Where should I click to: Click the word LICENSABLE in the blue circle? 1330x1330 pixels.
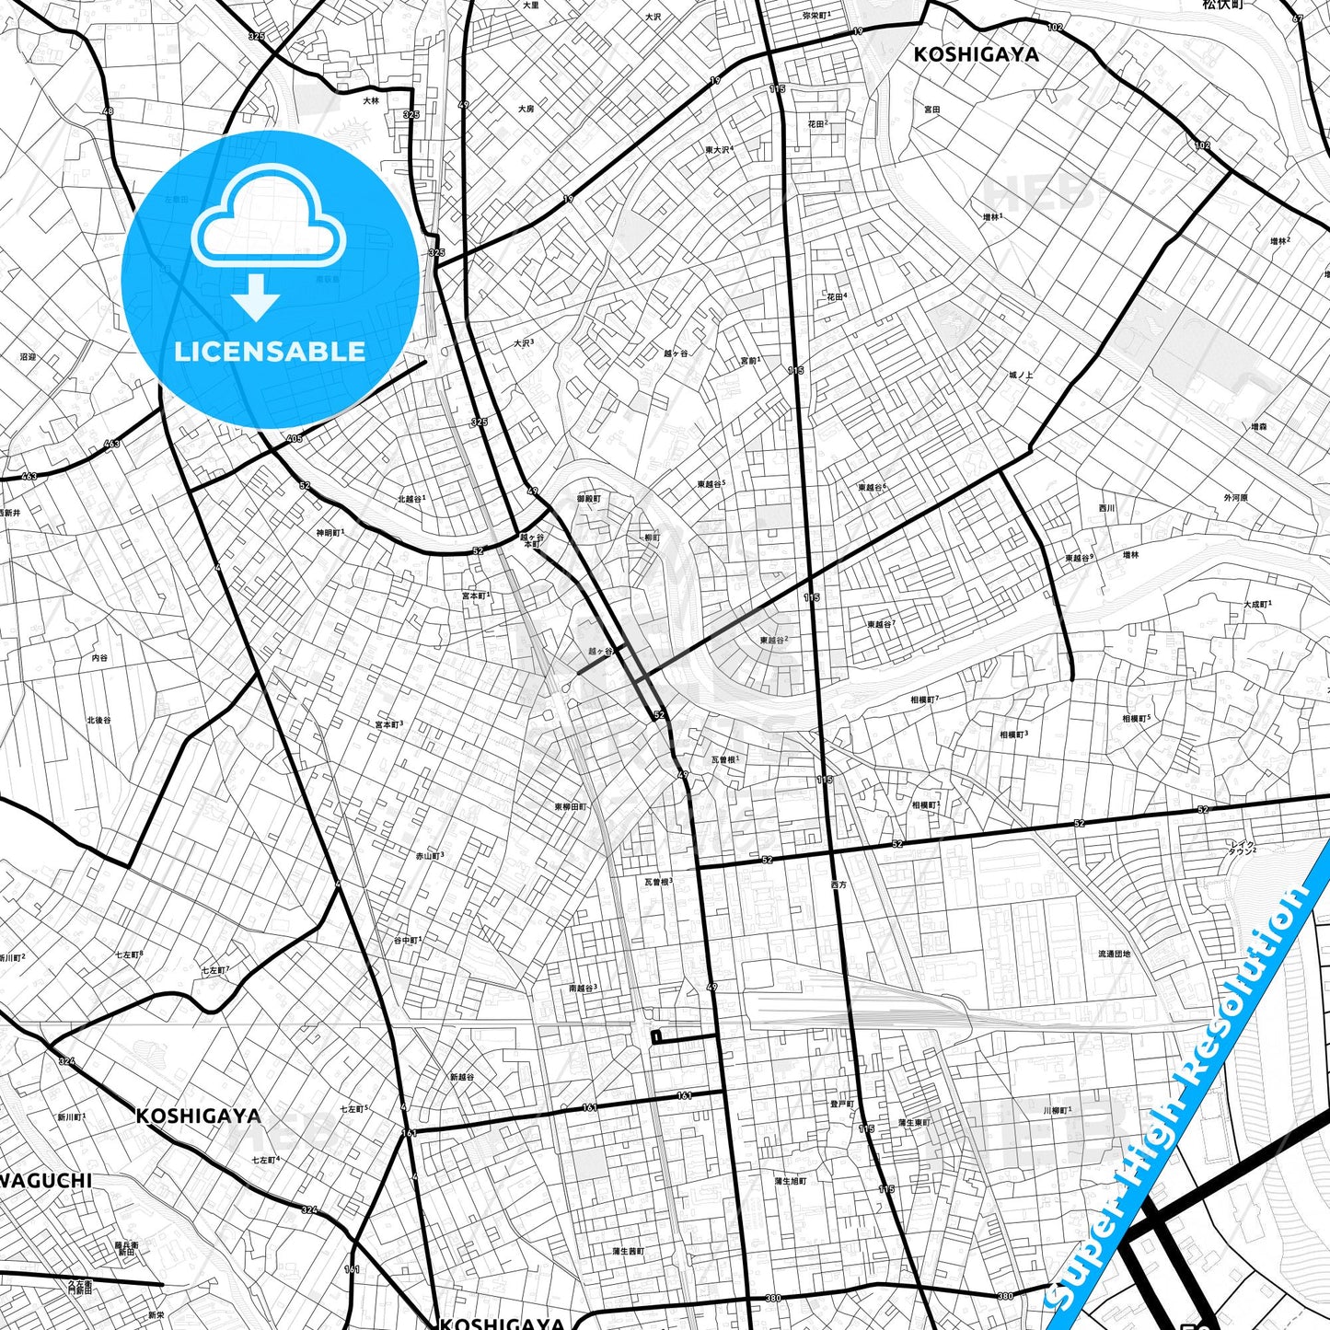point(270,352)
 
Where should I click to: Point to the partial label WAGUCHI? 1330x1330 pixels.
point(46,1180)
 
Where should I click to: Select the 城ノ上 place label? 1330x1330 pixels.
point(1020,376)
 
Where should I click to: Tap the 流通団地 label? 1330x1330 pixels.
point(1114,954)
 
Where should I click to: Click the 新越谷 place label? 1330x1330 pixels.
point(462,1077)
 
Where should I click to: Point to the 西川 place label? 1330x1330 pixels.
point(1106,508)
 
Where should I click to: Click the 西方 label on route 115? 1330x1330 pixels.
point(838,885)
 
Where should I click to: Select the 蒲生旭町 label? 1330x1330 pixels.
point(790,1181)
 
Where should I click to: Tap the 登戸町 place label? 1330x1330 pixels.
point(841,1104)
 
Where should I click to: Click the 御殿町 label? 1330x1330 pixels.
point(589,499)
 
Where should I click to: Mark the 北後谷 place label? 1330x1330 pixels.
point(98,720)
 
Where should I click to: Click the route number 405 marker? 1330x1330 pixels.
point(295,438)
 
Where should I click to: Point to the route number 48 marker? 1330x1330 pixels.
point(108,111)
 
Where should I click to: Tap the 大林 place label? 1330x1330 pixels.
point(370,101)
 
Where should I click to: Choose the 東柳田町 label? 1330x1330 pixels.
point(571,806)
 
